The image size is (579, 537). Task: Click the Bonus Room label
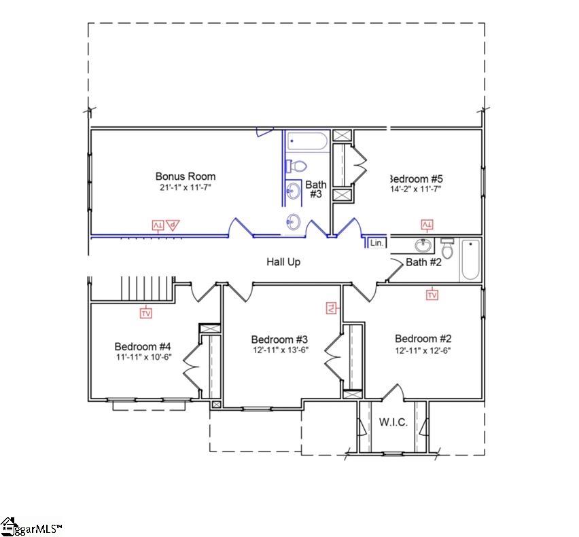point(186,177)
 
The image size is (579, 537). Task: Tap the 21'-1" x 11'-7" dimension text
point(186,187)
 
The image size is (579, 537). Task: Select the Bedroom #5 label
point(415,179)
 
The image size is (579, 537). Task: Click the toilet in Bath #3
point(297,166)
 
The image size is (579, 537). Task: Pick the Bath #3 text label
point(316,189)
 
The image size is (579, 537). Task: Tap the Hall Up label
point(283,261)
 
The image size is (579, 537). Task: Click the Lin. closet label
point(376,242)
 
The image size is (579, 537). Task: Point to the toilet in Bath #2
point(447,248)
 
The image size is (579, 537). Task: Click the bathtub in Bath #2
point(470,260)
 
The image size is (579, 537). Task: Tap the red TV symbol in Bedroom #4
point(146,313)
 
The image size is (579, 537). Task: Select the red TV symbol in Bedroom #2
point(432,295)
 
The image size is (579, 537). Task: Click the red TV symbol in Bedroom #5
point(427,225)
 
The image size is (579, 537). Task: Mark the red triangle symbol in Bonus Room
point(173,225)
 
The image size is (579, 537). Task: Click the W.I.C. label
point(393,422)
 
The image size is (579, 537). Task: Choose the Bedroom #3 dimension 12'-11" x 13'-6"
point(280,351)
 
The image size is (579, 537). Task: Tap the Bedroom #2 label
point(423,339)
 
